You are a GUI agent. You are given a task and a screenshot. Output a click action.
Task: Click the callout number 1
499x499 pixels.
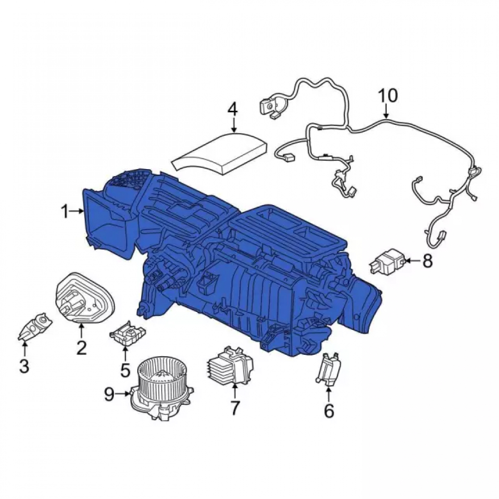65,211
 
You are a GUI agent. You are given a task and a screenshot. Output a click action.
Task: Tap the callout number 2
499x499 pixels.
81,347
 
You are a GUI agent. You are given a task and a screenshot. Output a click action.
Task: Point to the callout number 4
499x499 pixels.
233,109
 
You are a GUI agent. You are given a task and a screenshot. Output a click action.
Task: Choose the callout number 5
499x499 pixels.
125,370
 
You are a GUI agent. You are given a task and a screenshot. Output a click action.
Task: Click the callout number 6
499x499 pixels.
329,411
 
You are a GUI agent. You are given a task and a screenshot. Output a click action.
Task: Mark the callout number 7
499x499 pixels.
235,408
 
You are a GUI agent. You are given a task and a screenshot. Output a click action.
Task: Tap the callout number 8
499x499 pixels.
427,261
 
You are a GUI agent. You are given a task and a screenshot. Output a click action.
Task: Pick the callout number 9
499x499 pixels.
109,395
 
